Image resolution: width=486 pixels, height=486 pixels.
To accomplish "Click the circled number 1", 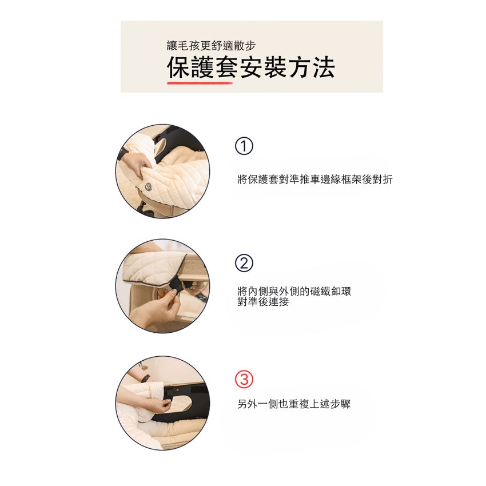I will (244, 147).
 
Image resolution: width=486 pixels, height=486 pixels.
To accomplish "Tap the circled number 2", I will (244, 264).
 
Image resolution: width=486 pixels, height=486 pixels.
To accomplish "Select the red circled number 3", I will (244, 380).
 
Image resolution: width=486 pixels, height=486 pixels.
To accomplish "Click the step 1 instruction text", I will (314, 180).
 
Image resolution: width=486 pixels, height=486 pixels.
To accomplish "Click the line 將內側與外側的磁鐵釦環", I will (294, 291).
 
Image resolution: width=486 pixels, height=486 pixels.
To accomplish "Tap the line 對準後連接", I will (263, 301).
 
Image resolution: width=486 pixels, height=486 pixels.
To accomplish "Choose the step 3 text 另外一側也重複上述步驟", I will (294, 404).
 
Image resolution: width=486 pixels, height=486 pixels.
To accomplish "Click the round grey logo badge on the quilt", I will (148, 186).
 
